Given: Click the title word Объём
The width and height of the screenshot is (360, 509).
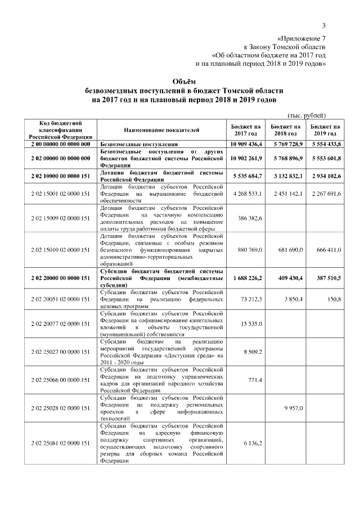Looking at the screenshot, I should (x=180, y=81).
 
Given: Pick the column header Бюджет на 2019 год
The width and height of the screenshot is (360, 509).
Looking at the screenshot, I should (x=325, y=130).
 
